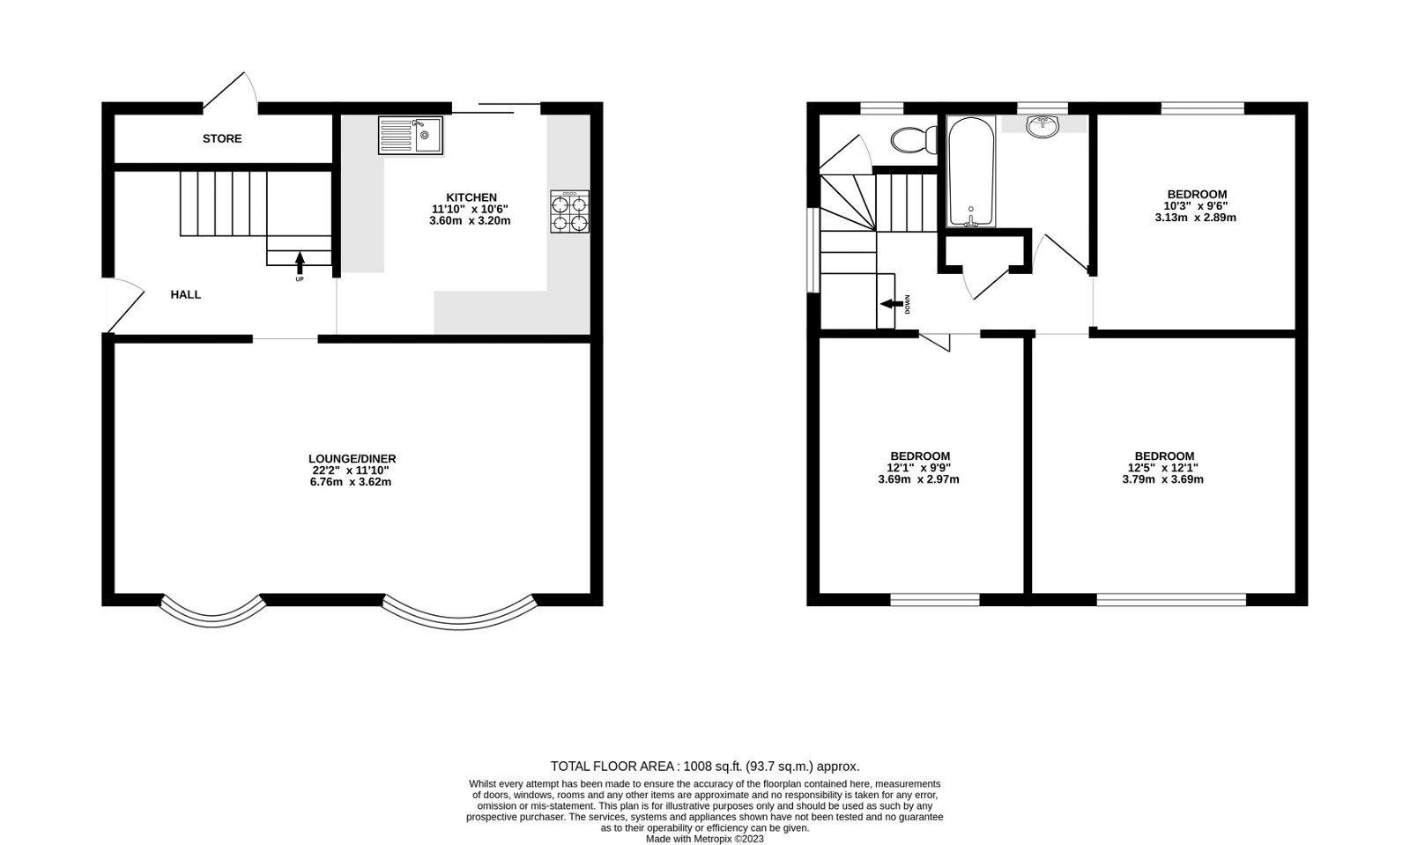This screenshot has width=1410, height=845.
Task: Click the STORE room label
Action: [222, 139]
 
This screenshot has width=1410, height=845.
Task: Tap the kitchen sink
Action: [412, 135]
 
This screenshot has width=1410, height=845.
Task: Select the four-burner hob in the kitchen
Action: [569, 211]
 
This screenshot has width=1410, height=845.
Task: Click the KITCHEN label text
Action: [471, 197]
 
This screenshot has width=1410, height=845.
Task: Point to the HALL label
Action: [186, 294]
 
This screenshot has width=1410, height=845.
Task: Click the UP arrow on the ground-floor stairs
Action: [300, 262]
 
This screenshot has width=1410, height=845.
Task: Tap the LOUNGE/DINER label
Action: [352, 458]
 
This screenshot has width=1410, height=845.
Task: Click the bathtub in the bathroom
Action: [971, 172]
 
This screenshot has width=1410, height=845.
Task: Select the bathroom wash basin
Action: [1044, 126]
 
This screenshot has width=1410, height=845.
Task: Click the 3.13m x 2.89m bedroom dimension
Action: [1195, 218]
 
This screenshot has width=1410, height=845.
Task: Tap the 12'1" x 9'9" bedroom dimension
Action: [918, 468]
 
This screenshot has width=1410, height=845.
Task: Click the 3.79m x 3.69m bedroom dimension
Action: [1163, 479]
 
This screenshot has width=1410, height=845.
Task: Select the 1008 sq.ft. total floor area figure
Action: [705, 767]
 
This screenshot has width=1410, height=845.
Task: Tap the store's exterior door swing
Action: [231, 92]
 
